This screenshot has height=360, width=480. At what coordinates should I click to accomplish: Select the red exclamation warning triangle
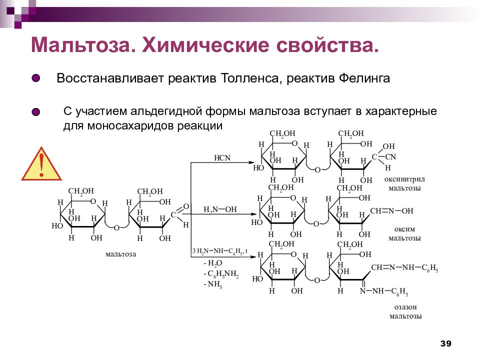coord(41,164)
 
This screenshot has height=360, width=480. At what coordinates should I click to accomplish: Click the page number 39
coord(445,343)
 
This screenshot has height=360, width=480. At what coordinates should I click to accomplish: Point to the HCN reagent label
coord(222,158)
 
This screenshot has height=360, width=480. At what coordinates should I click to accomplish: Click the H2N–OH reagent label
coord(220,209)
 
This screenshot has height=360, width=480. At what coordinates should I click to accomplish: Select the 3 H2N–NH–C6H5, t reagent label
coord(220,251)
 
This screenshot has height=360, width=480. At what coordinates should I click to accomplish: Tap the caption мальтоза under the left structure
coord(120,254)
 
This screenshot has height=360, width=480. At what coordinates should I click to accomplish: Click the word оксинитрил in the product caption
coord(404,179)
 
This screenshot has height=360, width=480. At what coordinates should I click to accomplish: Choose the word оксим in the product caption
coord(404,229)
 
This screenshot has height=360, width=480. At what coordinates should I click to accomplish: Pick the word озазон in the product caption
coord(405,307)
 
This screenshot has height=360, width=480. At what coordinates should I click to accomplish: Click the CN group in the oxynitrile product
coord(390,157)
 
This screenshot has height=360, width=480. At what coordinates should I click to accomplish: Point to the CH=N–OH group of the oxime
coord(391,211)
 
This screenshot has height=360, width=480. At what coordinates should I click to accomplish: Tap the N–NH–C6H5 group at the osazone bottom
coord(384,291)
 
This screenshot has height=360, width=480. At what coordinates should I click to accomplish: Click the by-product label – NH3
coord(213,284)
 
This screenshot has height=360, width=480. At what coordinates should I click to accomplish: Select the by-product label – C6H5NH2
coord(221,273)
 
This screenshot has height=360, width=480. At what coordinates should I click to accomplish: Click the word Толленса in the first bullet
coord(250,78)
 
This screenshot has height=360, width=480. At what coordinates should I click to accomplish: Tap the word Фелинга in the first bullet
coord(364,78)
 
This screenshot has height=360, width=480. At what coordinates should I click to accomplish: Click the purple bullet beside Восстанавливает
coord(36,78)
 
